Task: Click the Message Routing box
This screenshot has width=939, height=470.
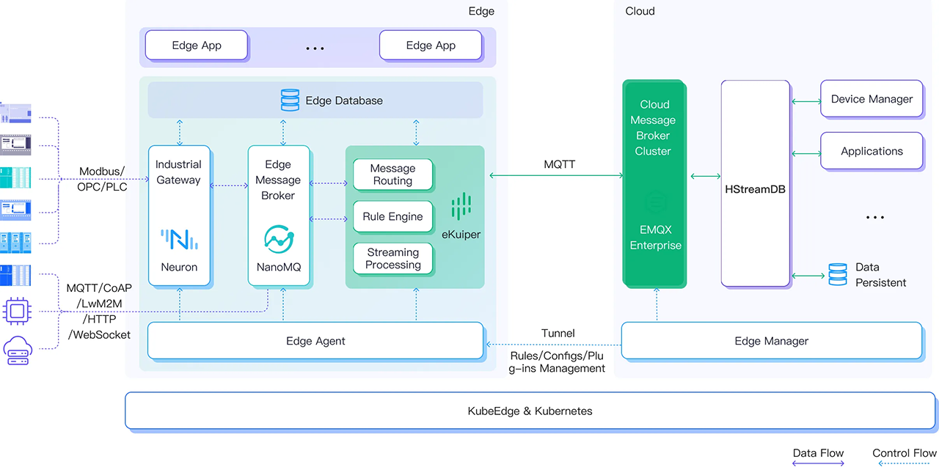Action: [x=392, y=175]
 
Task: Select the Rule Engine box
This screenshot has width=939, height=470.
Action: [x=392, y=217]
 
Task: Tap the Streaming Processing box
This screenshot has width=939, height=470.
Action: [x=392, y=258]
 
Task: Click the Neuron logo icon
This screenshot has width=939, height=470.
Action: [x=179, y=239]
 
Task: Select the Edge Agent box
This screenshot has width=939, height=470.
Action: [x=315, y=341]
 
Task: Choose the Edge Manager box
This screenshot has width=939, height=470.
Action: [x=771, y=341]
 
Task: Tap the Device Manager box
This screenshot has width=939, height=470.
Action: [x=872, y=99]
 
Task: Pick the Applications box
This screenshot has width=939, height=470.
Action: [x=872, y=151]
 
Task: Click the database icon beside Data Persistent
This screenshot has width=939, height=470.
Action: [x=837, y=274]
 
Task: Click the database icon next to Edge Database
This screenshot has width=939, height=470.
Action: [x=290, y=100]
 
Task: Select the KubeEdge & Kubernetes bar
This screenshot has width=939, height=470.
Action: [x=530, y=411]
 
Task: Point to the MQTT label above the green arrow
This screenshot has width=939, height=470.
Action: [x=559, y=164]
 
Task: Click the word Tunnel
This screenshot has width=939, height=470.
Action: [x=558, y=333]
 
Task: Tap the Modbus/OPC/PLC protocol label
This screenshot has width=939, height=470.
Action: [x=101, y=179]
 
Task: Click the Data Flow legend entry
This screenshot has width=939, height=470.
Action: [x=818, y=453]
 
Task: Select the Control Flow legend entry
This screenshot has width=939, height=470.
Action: [x=904, y=453]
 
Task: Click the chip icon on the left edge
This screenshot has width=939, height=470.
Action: [x=16, y=310]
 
